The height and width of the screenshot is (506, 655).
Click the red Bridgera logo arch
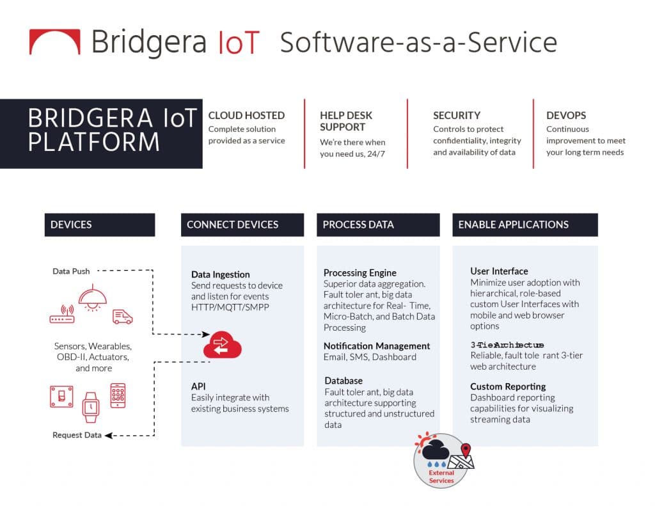tap(55, 42)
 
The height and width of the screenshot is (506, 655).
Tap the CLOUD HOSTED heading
tap(246, 116)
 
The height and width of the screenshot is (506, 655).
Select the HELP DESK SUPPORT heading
tap(346, 122)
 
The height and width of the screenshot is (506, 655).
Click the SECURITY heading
tap(457, 116)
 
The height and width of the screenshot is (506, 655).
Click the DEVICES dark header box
tap(100, 225)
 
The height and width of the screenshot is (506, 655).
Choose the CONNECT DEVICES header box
tap(242, 225)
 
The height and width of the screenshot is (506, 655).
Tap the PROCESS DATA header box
tap(378, 225)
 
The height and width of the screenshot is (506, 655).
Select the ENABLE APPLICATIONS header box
tap(525, 225)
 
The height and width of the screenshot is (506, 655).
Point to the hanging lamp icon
tap(92, 296)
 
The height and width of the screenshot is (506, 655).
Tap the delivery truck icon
tap(123, 317)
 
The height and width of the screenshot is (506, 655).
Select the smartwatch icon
tap(91, 406)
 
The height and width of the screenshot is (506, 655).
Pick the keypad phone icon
tap(118, 395)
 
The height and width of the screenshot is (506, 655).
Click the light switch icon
tap(62, 396)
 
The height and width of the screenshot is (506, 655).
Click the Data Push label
tap(71, 271)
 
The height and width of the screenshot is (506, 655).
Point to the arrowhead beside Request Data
tap(108, 436)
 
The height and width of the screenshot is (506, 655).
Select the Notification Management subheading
tap(377, 346)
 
